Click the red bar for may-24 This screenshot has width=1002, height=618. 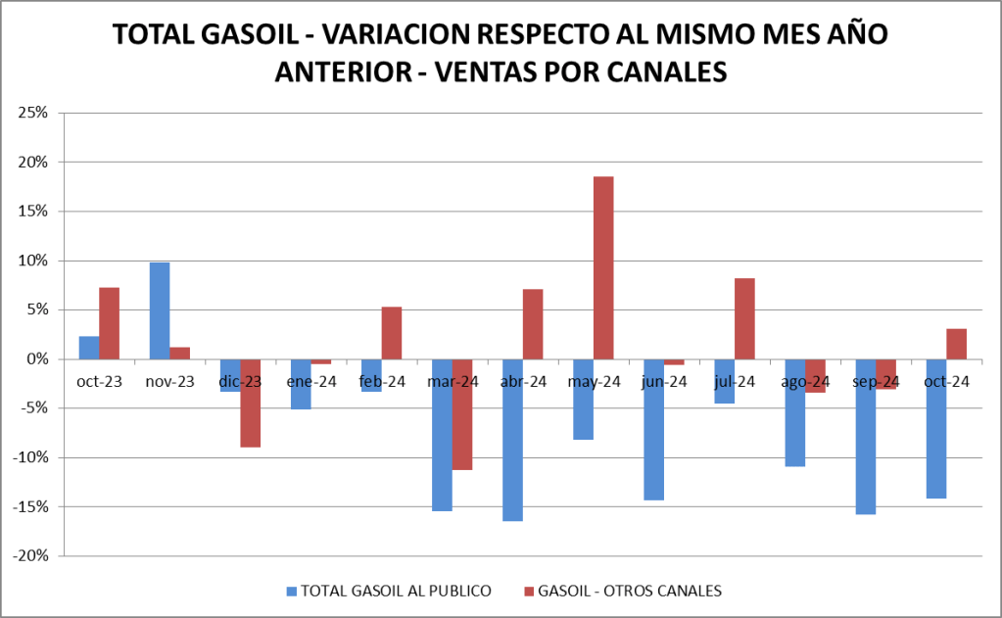[x=603, y=267]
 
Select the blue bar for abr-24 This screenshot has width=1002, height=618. [x=512, y=440]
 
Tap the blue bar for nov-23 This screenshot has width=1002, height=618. [x=159, y=310]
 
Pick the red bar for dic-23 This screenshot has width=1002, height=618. [x=251, y=403]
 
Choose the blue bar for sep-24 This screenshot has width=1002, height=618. [x=865, y=436]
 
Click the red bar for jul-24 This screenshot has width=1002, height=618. [x=744, y=318]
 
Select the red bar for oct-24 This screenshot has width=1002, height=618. [x=956, y=344]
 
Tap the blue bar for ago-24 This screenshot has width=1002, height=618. [x=794, y=412]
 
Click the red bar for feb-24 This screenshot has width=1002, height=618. [x=392, y=333]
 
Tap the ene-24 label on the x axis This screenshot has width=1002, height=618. [x=310, y=381]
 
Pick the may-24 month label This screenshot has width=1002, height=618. [x=594, y=381]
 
